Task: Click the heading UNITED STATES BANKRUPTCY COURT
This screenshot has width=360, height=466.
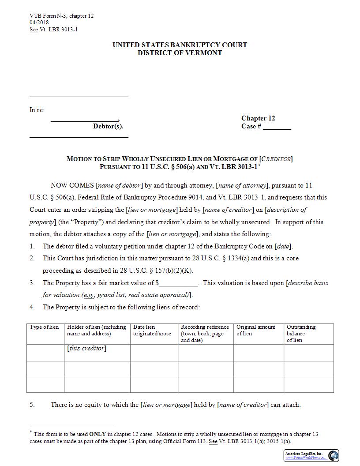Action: (x=180, y=45)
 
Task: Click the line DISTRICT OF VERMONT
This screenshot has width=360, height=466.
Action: (x=180, y=53)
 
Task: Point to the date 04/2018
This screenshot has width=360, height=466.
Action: (x=39, y=23)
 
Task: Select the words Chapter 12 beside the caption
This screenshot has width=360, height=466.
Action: (x=258, y=118)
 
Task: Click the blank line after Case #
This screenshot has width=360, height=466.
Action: (x=277, y=127)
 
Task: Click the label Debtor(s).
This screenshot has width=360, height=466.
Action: (x=108, y=127)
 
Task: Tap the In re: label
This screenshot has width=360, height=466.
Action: (x=37, y=110)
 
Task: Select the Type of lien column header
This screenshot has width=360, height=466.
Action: (x=44, y=327)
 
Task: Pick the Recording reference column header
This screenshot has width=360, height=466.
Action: (x=205, y=334)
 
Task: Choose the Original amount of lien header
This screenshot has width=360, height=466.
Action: (x=256, y=331)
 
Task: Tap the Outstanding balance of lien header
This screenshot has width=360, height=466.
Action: (x=301, y=334)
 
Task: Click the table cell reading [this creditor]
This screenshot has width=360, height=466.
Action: (x=87, y=349)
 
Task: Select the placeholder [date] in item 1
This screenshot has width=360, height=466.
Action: (x=283, y=246)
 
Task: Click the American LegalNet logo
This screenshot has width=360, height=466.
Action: (x=311, y=455)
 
